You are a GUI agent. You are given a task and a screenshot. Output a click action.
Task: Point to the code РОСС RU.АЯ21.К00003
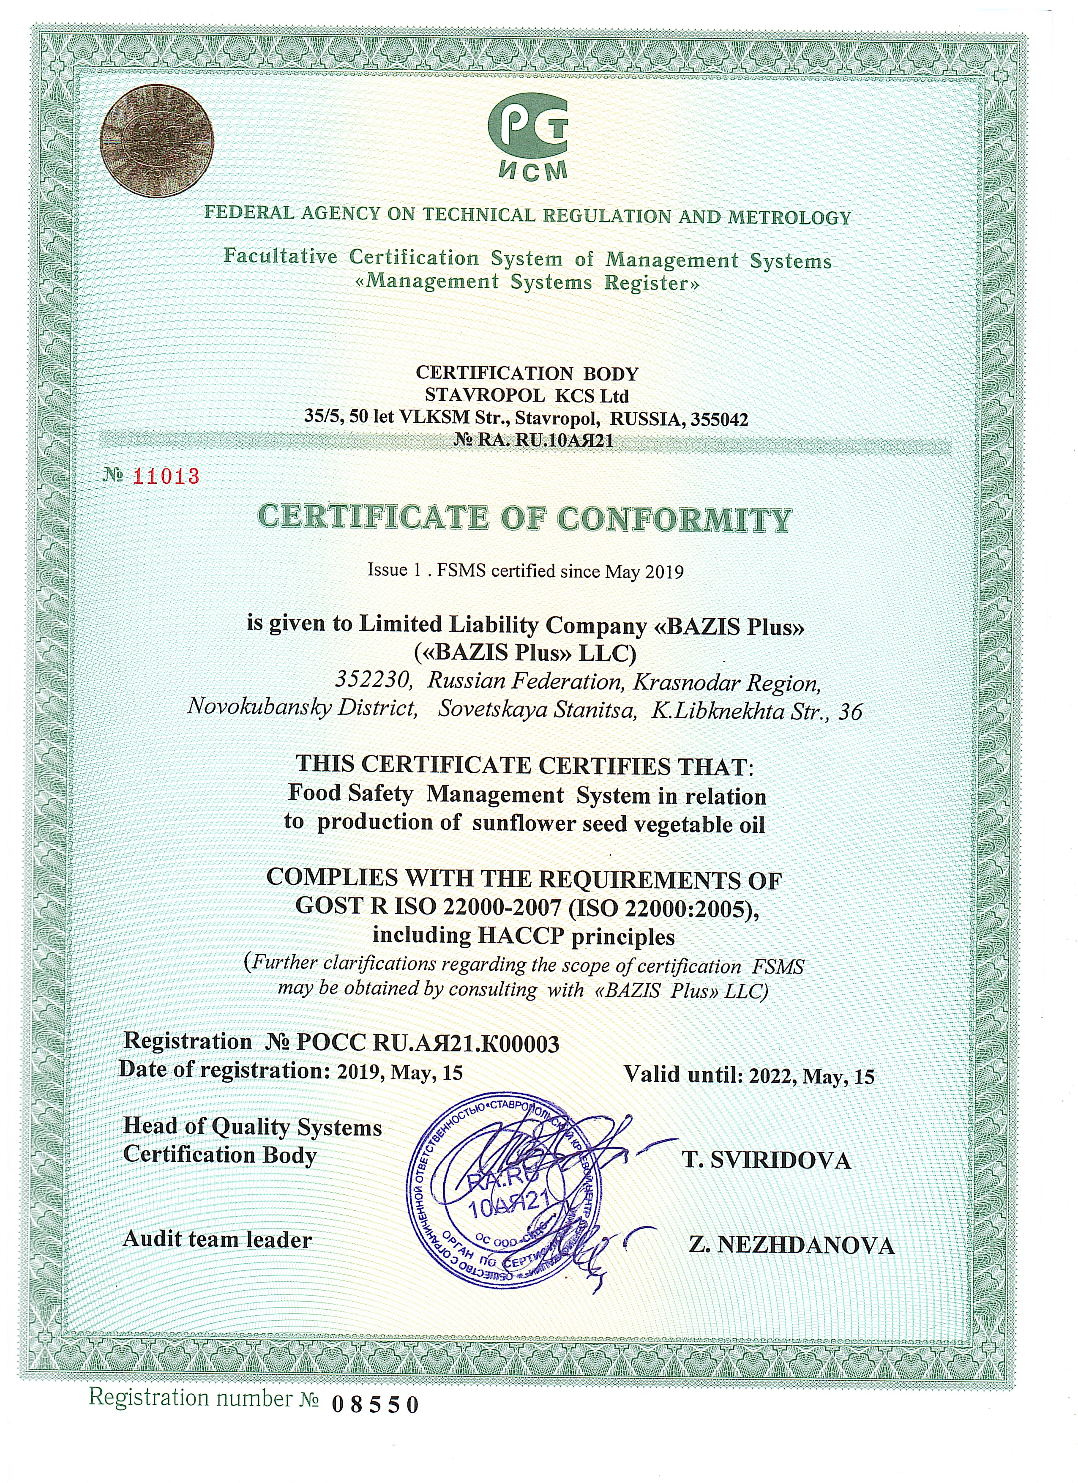pos(428,1044)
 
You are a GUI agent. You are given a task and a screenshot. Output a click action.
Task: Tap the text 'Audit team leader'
pos(217,1239)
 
